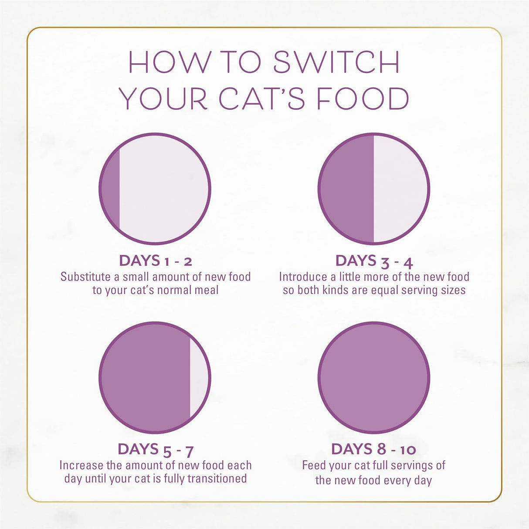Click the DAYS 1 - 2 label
click(x=155, y=261)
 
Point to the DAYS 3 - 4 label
click(x=374, y=261)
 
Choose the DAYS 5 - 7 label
click(x=155, y=449)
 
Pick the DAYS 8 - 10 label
click(x=373, y=449)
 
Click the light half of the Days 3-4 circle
click(x=400, y=188)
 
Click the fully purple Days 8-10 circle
click(x=374, y=377)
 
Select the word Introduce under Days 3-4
click(x=303, y=277)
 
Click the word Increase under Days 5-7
click(x=81, y=465)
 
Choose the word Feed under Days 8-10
click(x=314, y=465)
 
